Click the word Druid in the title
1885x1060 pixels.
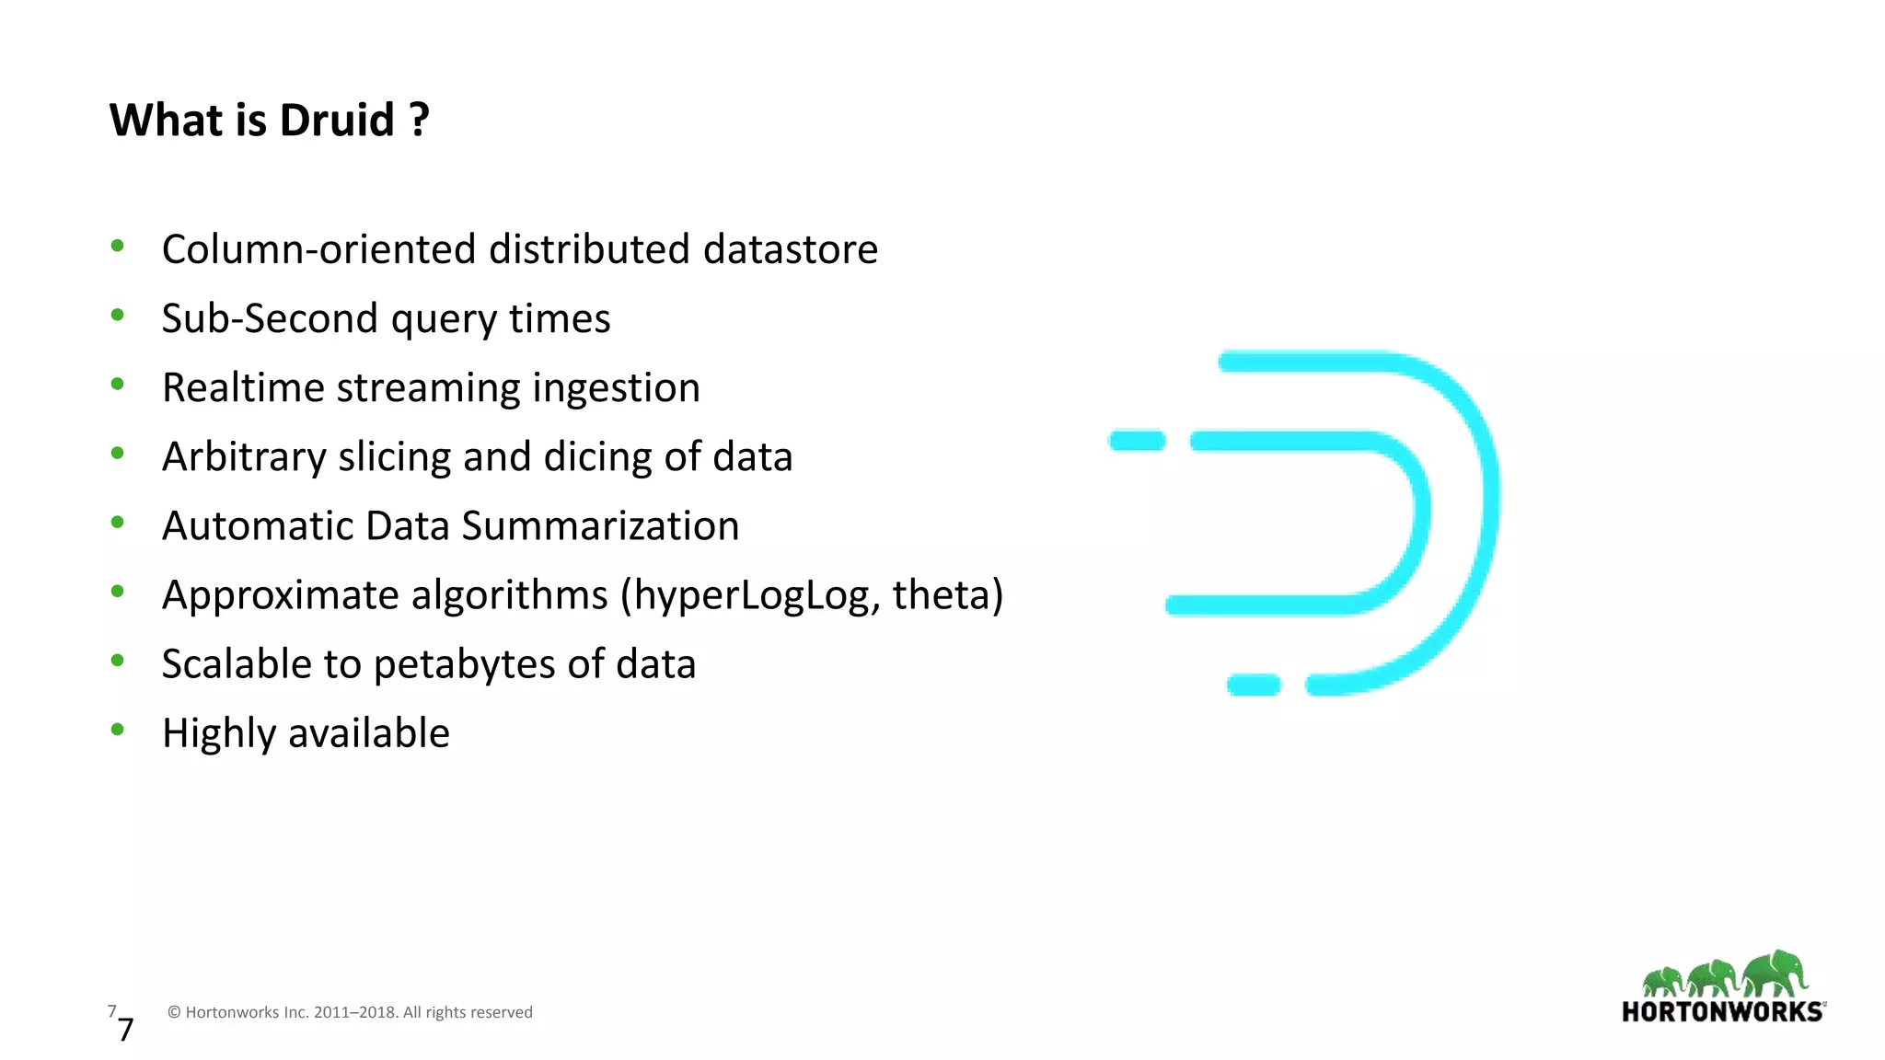[x=336, y=120]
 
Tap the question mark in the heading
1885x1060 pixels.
[x=419, y=120]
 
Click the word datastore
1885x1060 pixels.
[x=790, y=249]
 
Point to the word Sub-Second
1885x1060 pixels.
[x=270, y=318]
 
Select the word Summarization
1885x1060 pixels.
[x=600, y=526]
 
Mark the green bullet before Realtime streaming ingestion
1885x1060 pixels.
[x=117, y=385]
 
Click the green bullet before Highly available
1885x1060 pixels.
[x=117, y=730]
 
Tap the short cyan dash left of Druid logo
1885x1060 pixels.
[x=1138, y=441]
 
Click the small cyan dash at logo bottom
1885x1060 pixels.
[x=1254, y=685]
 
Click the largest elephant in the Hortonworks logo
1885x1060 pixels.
[x=1775, y=973]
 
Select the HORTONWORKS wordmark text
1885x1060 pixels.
[x=1722, y=1012]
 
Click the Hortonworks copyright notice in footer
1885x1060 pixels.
[x=350, y=1012]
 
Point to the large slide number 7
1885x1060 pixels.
[x=126, y=1029]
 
